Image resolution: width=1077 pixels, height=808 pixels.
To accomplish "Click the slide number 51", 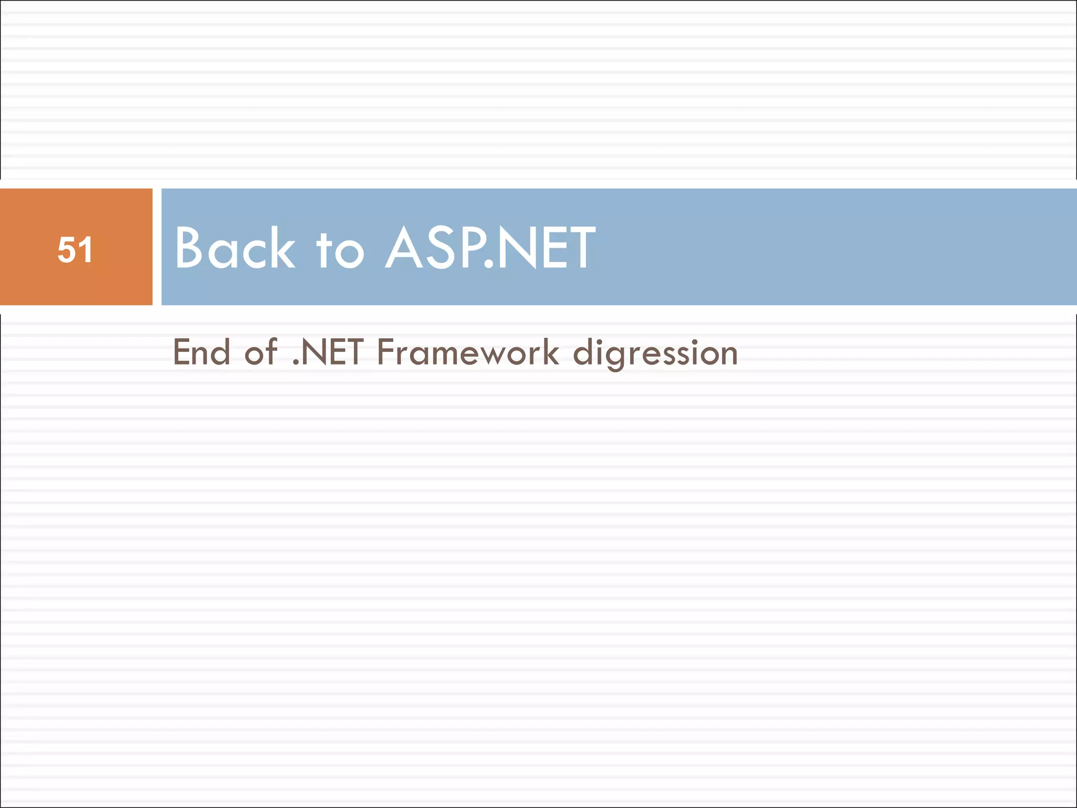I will [76, 249].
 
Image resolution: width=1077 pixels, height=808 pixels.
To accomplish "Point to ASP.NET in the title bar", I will [490, 247].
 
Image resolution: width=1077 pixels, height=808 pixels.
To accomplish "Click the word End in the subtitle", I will [201, 352].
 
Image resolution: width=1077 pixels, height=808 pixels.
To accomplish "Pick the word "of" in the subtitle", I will [260, 352].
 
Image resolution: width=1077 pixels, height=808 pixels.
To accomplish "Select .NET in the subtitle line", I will [327, 352].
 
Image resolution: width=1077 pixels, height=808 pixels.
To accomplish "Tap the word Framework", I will [468, 352].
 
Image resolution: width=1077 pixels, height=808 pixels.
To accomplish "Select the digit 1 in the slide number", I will [86, 249].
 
